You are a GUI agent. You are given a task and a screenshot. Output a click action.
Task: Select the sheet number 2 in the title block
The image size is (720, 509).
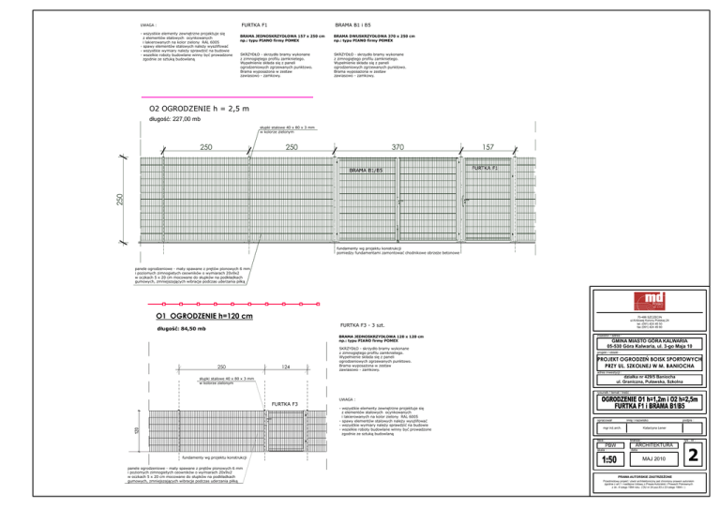pos(692,455)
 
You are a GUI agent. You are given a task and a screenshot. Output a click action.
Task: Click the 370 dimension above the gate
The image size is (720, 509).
pos(397,147)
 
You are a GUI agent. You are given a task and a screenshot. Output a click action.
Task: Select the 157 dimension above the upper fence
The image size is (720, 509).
pos(488,147)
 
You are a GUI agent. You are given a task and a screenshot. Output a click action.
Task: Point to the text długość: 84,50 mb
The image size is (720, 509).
pos(183,329)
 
